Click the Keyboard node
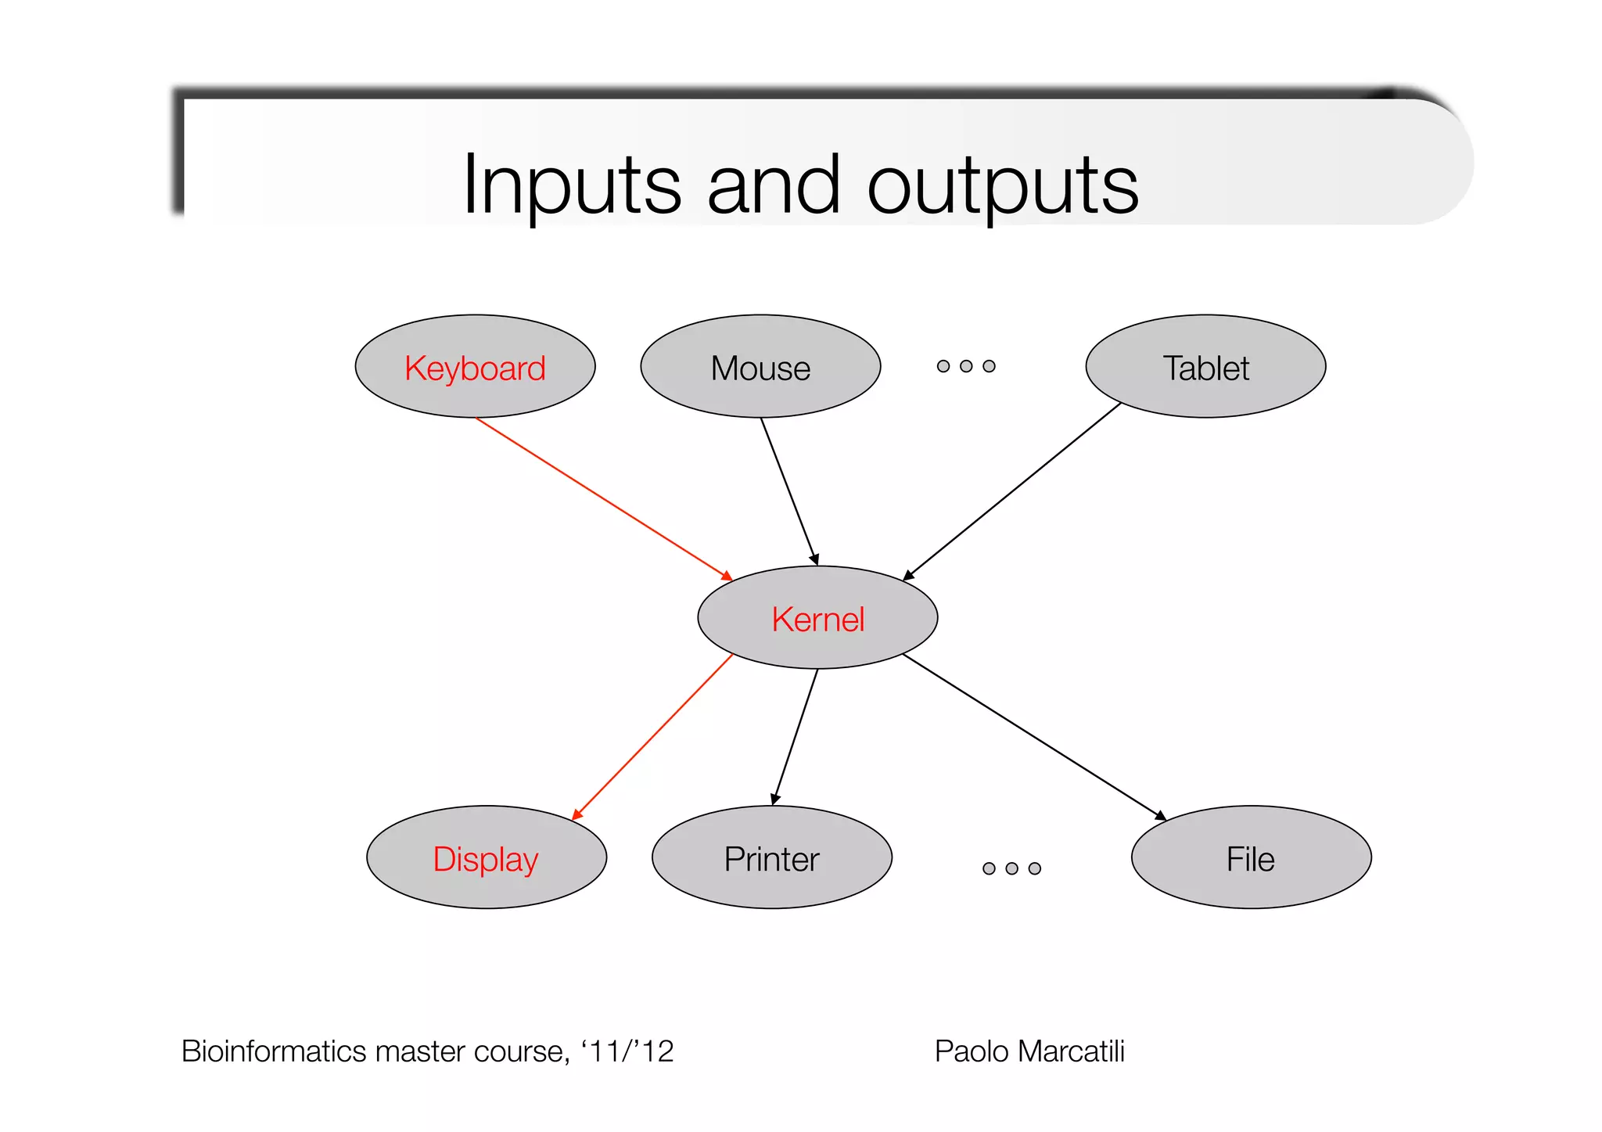[x=475, y=367]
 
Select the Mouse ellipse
[x=760, y=367]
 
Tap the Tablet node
[x=1205, y=367]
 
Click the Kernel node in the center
[x=817, y=618]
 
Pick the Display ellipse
[x=486, y=858]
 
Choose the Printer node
[x=771, y=858]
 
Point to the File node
[x=1251, y=858]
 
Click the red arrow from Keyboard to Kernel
[x=603, y=498]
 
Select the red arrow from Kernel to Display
[x=653, y=737]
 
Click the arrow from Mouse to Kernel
[x=789, y=491]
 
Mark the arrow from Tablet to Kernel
[x=1013, y=491]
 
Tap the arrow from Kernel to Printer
[x=795, y=737]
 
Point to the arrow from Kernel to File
[x=1034, y=737]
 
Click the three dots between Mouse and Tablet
[x=966, y=366]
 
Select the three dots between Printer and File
[x=1011, y=868]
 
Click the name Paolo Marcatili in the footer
[x=1029, y=1051]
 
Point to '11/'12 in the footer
[x=627, y=1051]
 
